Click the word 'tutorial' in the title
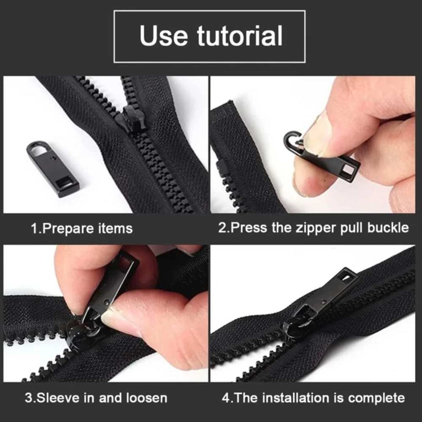click(239, 36)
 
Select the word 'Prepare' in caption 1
click(69, 228)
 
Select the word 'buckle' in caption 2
click(387, 228)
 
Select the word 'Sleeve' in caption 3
click(58, 397)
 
